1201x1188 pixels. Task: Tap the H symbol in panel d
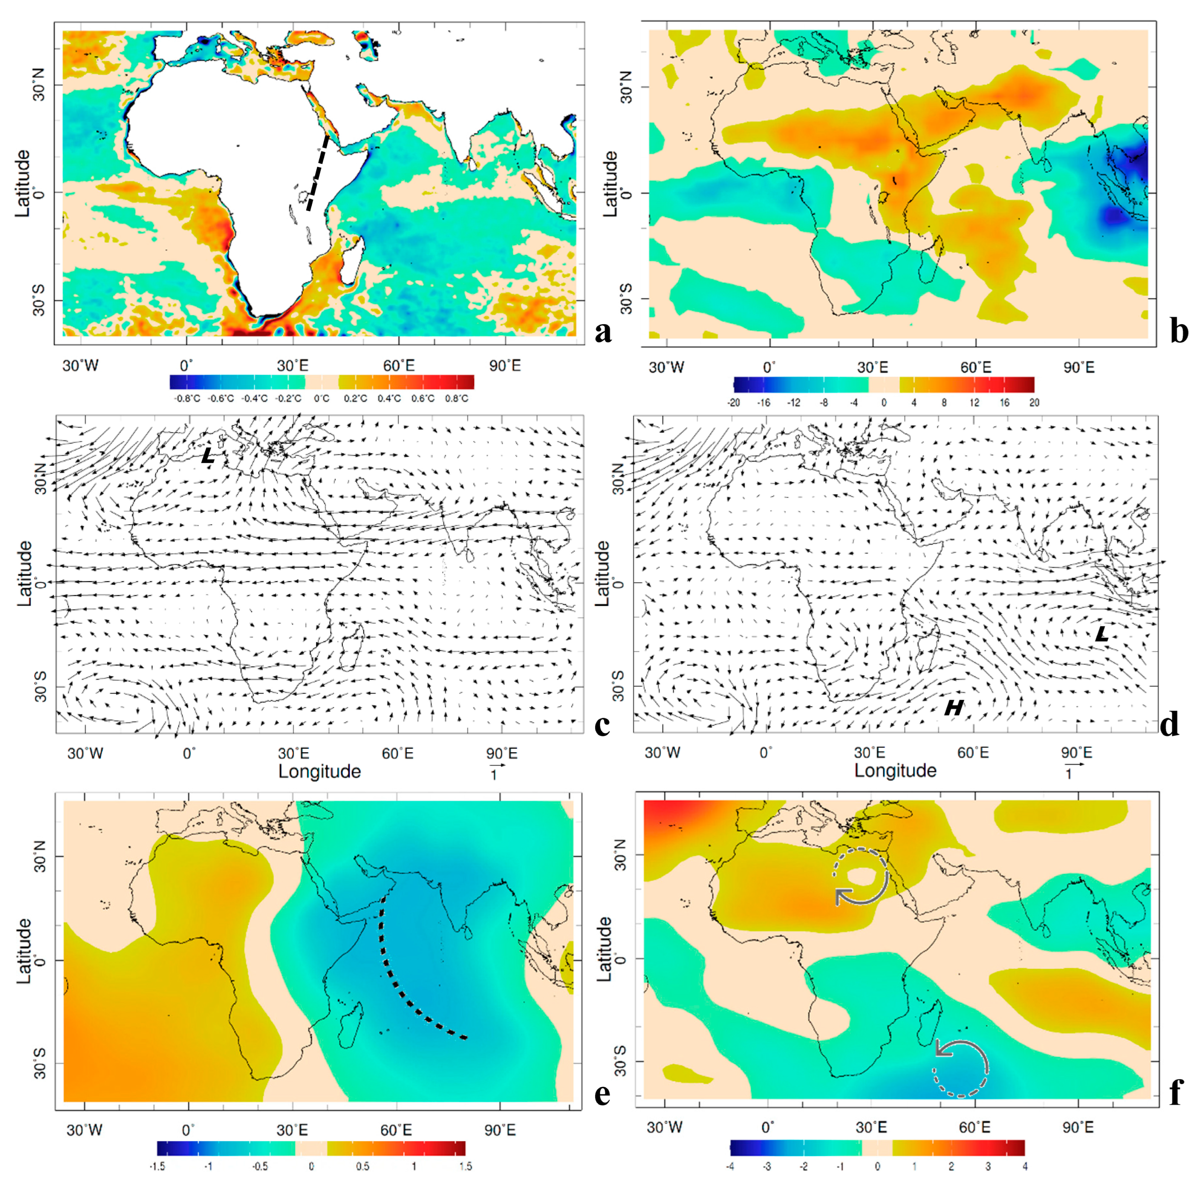954,708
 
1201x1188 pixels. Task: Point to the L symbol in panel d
1101,634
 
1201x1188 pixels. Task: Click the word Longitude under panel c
319,772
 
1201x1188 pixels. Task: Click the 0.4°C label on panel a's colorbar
389,399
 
